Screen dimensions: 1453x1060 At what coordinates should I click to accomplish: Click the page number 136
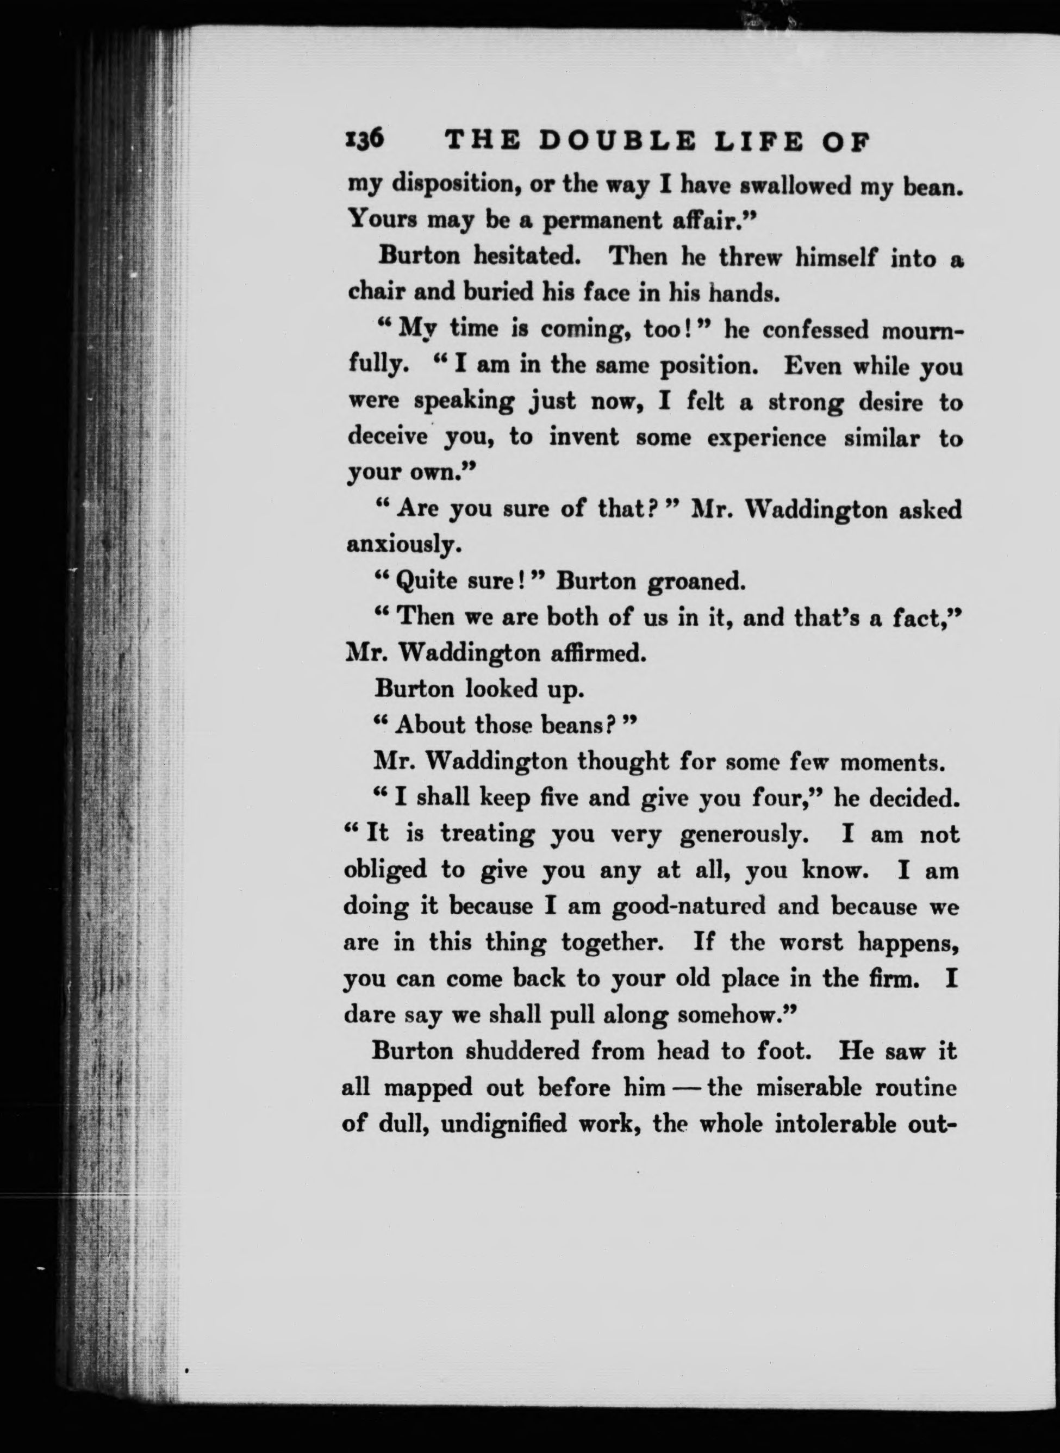364,156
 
